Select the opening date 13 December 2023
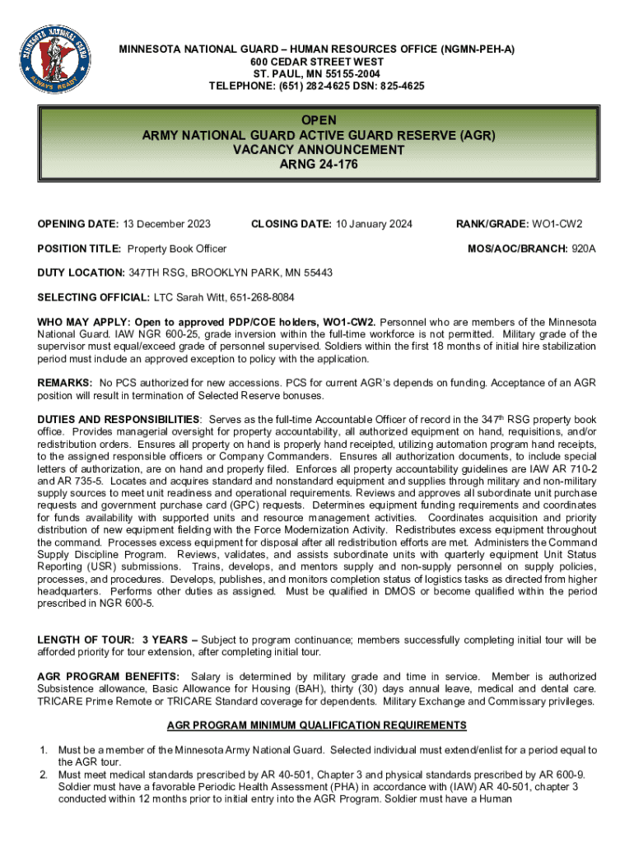167,224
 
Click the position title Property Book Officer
177,249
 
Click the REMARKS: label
64,383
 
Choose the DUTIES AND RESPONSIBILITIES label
118,420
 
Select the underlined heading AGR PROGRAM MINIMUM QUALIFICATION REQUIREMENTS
317,725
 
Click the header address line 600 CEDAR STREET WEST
317,62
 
